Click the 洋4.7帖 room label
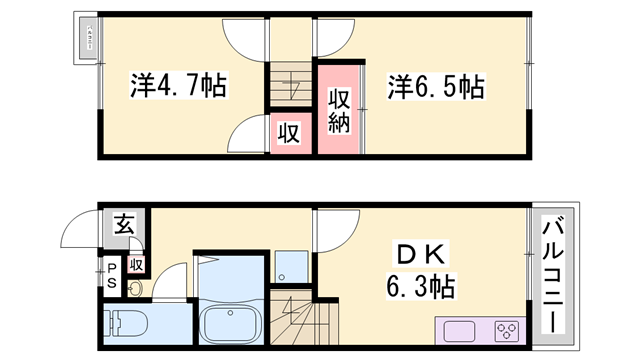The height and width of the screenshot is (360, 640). tap(178, 86)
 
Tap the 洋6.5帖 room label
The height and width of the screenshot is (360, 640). tap(436, 86)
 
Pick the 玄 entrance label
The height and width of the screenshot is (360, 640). tap(122, 225)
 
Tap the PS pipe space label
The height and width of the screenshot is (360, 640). tap(112, 275)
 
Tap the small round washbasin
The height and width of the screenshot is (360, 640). tap(136, 291)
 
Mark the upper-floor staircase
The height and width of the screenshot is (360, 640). tap(291, 86)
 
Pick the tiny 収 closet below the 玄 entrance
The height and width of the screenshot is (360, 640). tap(136, 264)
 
